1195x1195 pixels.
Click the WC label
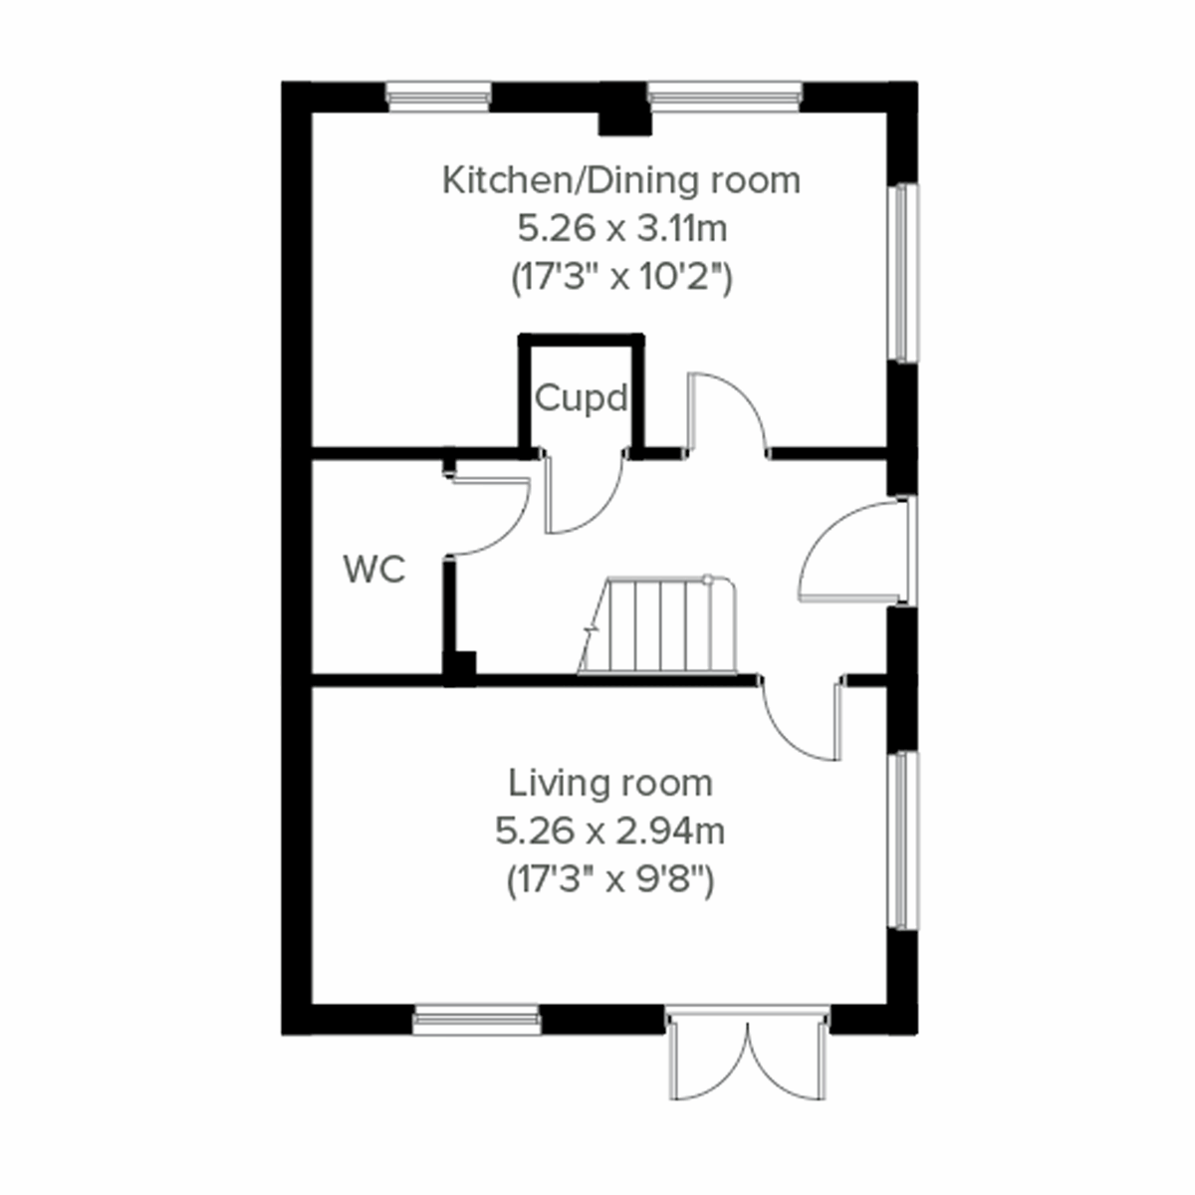[x=373, y=571]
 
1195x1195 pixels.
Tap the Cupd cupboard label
[x=582, y=398]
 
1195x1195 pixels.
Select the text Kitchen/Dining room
[x=620, y=181]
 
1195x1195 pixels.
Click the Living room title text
[x=610, y=783]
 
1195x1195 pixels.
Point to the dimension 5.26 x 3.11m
[x=621, y=229]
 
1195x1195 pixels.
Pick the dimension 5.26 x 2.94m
[x=609, y=831]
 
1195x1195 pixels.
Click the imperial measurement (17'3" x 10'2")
[x=621, y=277]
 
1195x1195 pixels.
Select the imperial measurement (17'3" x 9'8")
[x=609, y=879]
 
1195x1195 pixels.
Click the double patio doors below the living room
[x=748, y=1056]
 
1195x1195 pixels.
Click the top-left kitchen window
[x=438, y=97]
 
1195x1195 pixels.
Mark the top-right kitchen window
[x=724, y=97]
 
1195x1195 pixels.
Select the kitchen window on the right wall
[x=902, y=272]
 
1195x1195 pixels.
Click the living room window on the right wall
[x=902, y=839]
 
